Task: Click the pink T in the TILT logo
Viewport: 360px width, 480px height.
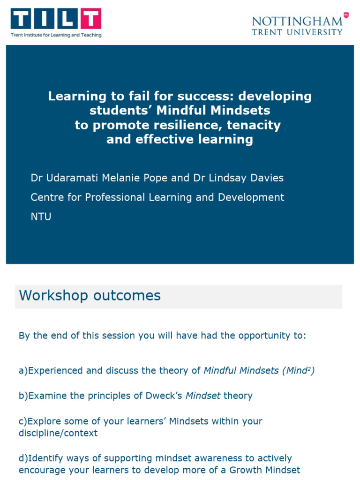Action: (90, 19)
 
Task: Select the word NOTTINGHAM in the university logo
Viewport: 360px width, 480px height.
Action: (297, 21)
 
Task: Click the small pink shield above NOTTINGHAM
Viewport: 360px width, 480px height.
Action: (346, 15)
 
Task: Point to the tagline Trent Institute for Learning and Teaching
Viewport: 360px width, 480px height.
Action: (56, 35)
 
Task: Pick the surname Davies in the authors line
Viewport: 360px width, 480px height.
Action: (265, 178)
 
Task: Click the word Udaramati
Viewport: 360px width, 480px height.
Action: (68, 178)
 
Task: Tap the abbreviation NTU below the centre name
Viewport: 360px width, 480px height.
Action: (41, 217)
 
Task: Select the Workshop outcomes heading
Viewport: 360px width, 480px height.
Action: (90, 296)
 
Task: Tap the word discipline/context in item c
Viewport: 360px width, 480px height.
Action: (58, 433)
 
